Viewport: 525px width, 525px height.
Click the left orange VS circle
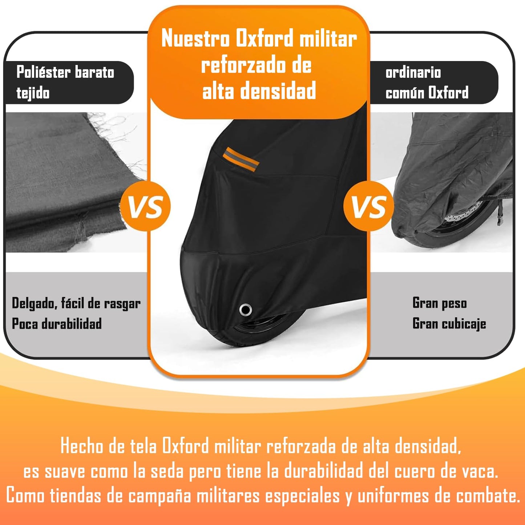[145, 206]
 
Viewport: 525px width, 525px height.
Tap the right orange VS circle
[369, 206]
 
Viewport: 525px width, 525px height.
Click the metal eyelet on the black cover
[246, 310]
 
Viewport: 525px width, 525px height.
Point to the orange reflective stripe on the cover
[241, 159]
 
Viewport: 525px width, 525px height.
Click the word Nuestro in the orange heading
[195, 39]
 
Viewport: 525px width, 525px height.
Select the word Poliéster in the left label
[44, 72]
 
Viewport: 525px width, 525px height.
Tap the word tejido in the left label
[33, 93]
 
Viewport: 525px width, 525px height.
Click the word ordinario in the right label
[413, 72]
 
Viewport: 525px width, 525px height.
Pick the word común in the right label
[404, 93]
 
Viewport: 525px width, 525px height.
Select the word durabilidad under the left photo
[72, 324]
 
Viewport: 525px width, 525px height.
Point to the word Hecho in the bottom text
[82, 446]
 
